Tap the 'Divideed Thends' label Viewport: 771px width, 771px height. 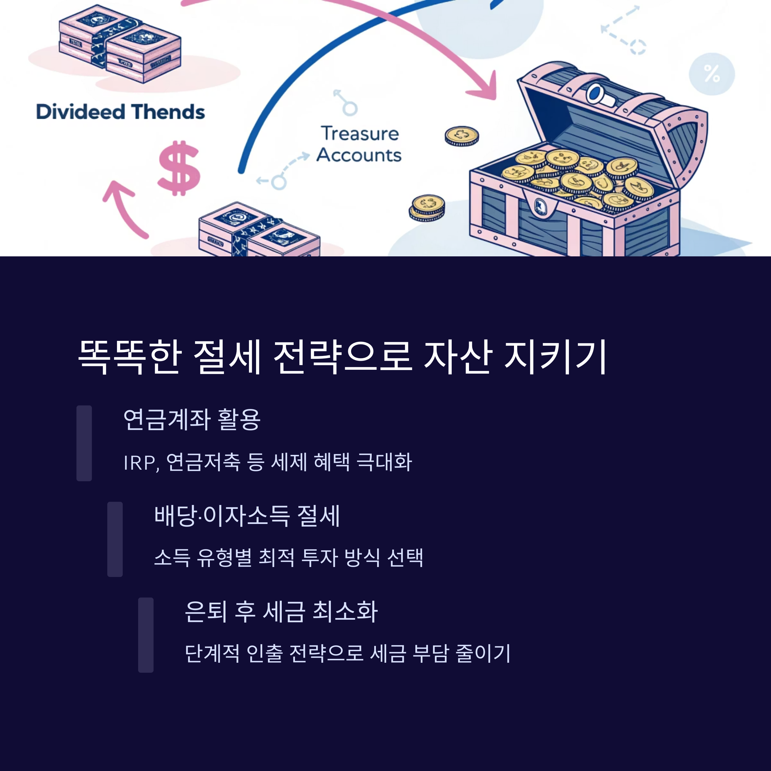click(x=120, y=112)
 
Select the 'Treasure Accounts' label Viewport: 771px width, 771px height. click(x=359, y=144)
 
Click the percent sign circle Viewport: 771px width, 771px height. click(x=712, y=74)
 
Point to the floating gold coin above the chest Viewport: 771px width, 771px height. click(x=462, y=136)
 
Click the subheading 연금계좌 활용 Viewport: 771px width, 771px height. click(x=192, y=420)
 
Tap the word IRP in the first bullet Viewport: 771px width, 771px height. click(x=139, y=463)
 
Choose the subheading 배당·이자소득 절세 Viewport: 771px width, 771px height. click(x=247, y=516)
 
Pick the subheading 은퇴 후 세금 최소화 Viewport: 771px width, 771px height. click(x=281, y=611)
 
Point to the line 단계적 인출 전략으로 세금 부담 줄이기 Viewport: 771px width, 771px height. click(x=348, y=654)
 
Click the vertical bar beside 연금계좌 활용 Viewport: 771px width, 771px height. click(x=84, y=443)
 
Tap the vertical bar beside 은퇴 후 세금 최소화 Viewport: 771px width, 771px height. click(x=146, y=635)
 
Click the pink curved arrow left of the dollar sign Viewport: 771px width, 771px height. click(x=123, y=208)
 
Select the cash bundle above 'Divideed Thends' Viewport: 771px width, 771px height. click(x=120, y=44)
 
